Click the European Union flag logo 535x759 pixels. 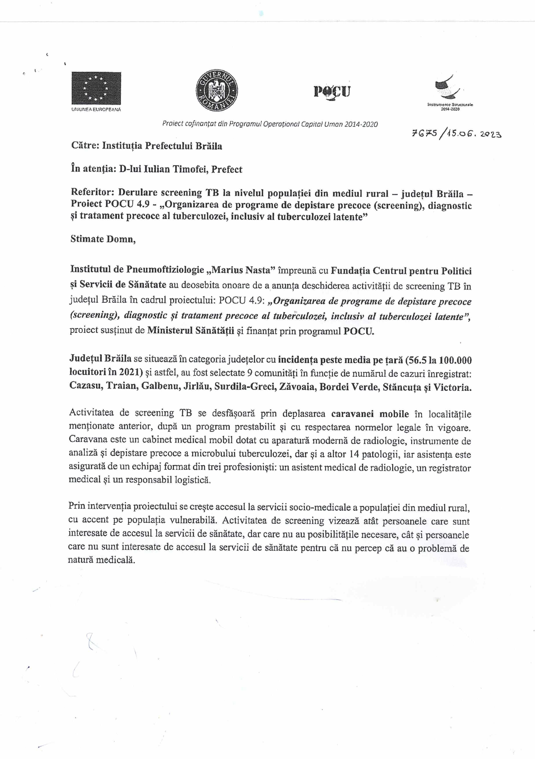(96, 88)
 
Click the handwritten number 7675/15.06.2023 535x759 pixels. (456, 134)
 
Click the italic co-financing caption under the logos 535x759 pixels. (270, 124)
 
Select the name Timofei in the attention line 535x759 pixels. (189, 169)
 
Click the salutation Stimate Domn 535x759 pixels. (103, 239)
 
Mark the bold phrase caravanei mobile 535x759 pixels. (370, 414)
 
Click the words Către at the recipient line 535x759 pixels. (85, 146)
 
